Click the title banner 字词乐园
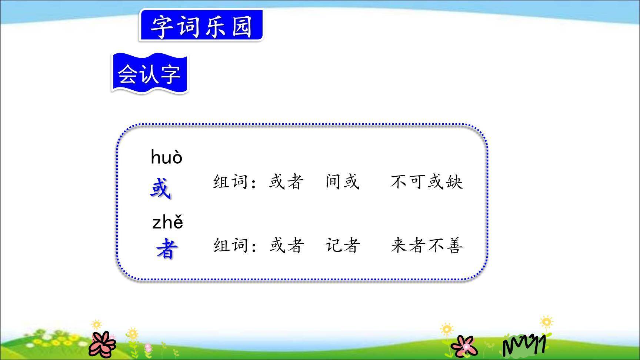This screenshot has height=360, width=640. click(201, 26)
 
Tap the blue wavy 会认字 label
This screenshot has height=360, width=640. click(149, 73)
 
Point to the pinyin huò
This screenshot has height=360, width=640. click(167, 157)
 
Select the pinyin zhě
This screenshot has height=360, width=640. click(168, 222)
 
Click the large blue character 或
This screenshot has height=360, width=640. click(160, 189)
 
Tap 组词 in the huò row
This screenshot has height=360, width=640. click(230, 181)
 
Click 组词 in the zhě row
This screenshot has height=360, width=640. click(230, 245)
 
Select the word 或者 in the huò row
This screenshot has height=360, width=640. click(286, 181)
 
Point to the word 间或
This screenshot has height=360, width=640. click(343, 181)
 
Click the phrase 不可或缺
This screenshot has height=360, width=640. click(427, 181)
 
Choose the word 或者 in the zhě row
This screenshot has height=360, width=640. click(286, 245)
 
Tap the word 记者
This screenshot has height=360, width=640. click(343, 245)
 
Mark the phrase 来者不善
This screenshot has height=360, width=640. click(427, 245)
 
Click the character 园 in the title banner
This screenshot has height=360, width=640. click(243, 26)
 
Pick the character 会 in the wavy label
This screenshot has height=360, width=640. click(127, 74)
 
